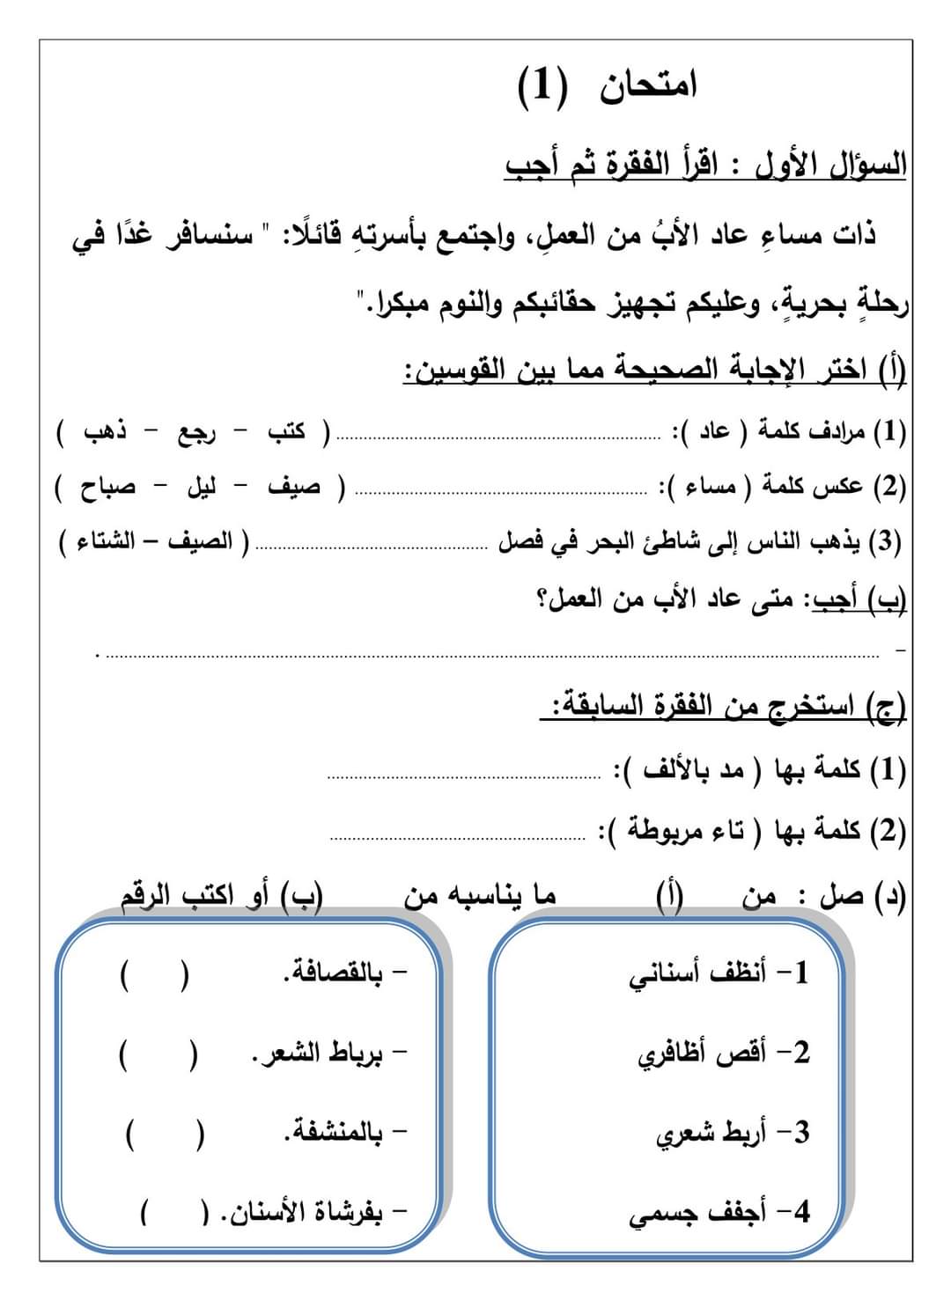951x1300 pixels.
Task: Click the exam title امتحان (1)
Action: click(607, 88)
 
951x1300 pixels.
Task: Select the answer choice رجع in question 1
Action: click(197, 433)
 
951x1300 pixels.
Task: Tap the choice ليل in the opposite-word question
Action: click(201, 487)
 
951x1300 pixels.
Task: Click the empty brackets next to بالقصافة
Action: click(153, 975)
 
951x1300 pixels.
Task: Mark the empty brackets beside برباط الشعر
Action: click(158, 1054)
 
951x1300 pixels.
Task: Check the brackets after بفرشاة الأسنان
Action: click(174, 1214)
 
